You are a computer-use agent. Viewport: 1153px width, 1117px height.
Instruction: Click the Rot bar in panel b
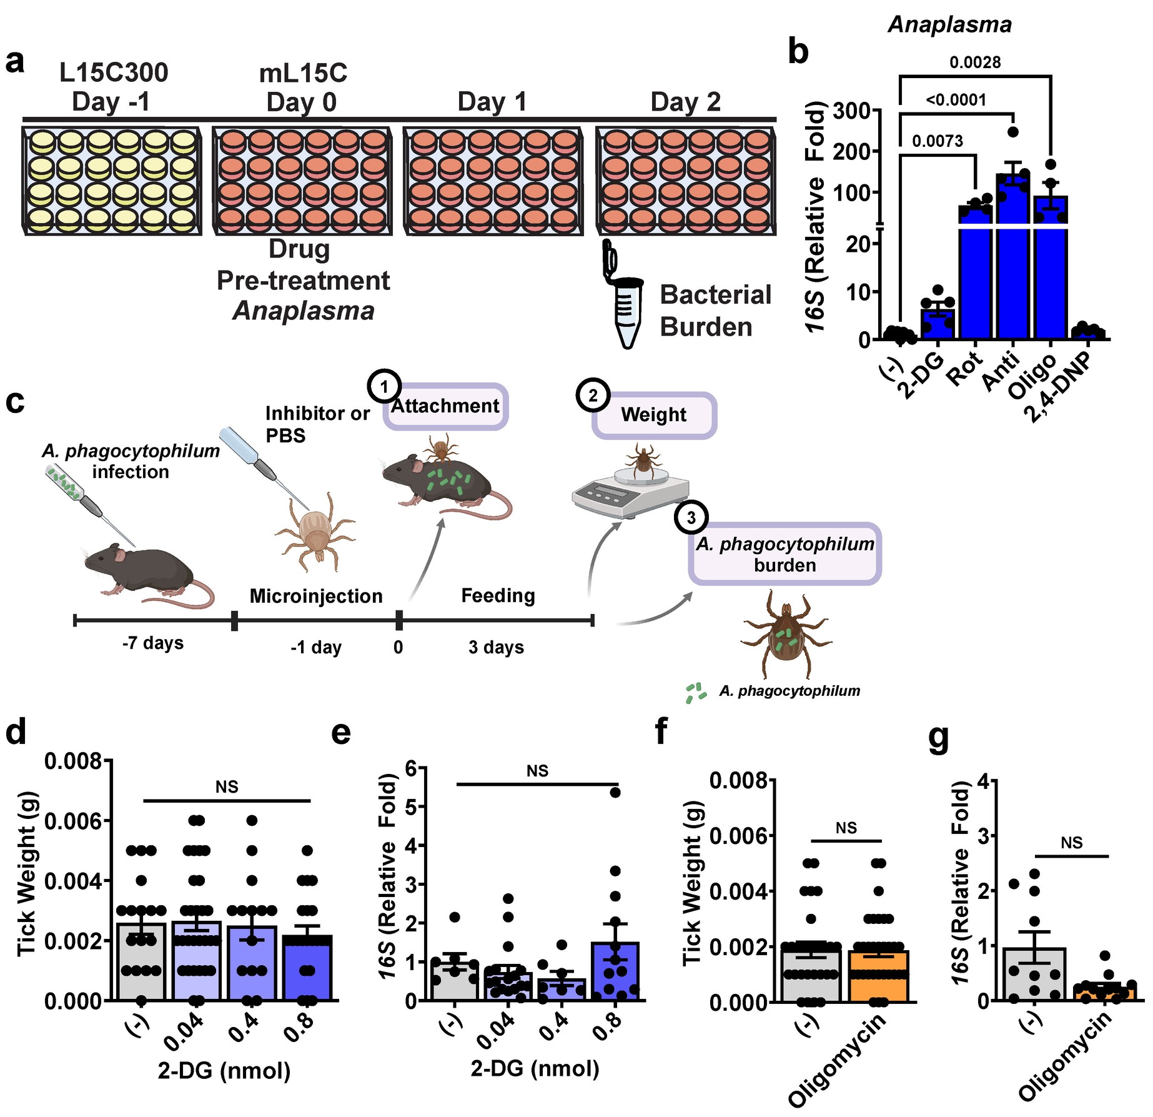pos(975,275)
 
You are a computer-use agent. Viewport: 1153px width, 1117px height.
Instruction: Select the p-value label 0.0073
pos(937,141)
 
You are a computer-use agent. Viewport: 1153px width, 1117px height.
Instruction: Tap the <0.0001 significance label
pos(956,100)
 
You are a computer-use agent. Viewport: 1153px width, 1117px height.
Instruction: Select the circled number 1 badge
pos(384,387)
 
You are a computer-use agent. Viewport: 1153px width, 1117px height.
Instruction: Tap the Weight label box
pos(653,415)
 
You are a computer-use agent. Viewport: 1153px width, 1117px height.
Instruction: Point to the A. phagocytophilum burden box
pos(784,554)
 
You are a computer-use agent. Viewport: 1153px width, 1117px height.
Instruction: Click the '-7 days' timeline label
pos(153,643)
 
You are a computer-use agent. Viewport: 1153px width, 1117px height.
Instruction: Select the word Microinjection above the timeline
pos(316,596)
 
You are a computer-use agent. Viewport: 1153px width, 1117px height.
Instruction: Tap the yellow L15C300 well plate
pos(112,181)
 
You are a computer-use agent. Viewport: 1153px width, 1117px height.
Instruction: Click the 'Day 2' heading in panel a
pos(685,102)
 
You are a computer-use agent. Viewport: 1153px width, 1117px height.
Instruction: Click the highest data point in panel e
pos(615,793)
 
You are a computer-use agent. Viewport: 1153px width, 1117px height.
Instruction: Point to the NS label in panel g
pos(1071,843)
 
